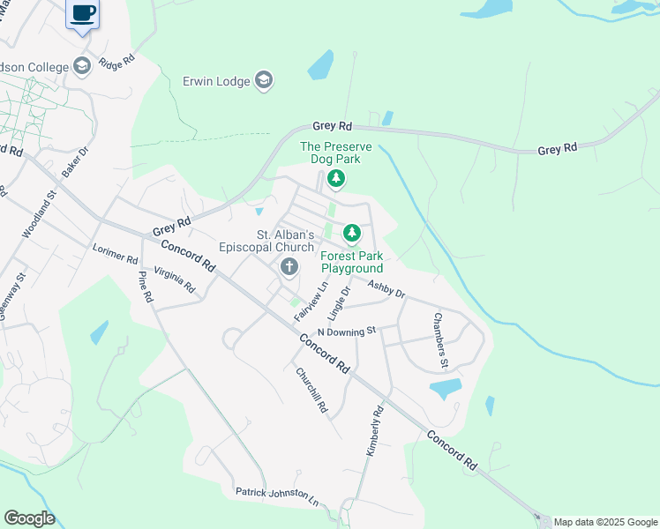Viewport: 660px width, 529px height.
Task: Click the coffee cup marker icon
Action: [x=83, y=13]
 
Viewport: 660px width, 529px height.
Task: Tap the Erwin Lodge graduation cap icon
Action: [x=263, y=81]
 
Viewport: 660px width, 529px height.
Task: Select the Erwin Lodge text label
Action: [x=216, y=81]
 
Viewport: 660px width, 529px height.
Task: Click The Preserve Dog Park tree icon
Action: [x=335, y=179]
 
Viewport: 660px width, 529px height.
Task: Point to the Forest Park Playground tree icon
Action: [x=352, y=233]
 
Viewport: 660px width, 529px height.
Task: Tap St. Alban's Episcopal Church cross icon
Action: [x=289, y=267]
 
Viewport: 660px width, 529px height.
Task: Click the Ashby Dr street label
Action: [x=386, y=288]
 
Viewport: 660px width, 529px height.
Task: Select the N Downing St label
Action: [x=347, y=331]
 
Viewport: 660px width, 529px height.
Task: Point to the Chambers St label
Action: [x=441, y=340]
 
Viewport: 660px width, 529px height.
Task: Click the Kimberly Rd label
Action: [x=375, y=431]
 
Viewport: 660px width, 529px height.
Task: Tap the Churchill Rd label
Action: [x=313, y=391]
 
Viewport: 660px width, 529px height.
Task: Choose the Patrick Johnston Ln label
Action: [x=276, y=495]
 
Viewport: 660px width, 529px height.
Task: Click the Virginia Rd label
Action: [x=175, y=279]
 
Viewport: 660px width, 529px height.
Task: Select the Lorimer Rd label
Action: [x=116, y=253]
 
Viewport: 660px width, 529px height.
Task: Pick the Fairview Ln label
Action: [x=311, y=300]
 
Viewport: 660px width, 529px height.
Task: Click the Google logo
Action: [x=29, y=518]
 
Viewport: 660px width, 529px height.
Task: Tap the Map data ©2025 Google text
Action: [x=605, y=522]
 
